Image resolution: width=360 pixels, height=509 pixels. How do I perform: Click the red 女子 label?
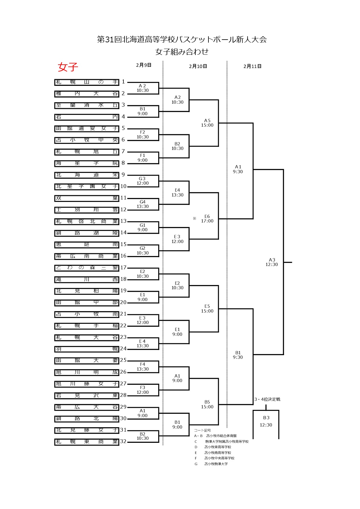pos(68,67)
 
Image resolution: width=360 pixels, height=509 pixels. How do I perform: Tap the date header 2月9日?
pos(144,65)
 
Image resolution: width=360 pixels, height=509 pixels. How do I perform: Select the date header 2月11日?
pos(252,66)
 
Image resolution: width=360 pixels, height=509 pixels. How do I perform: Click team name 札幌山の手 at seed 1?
pos(87,82)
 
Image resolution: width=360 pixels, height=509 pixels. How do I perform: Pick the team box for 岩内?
pos(87,117)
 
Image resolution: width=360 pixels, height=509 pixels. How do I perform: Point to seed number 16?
pos(123,256)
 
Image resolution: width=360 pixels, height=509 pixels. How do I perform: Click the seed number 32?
pos(123,442)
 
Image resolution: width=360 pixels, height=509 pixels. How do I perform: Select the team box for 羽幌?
pos(87,349)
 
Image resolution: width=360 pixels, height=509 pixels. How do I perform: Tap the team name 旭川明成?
pos(87,372)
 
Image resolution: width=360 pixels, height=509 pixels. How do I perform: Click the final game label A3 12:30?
pos(272,262)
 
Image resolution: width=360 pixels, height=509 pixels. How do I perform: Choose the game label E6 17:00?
pos(207,219)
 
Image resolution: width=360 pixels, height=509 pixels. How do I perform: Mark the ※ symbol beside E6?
pos(195,218)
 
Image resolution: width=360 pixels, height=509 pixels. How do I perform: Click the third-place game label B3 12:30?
pos(266,421)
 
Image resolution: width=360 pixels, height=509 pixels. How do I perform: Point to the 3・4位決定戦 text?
pos(267,399)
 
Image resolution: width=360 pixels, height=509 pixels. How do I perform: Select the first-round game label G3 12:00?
pos(142,181)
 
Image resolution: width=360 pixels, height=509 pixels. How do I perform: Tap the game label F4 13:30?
pos(142,367)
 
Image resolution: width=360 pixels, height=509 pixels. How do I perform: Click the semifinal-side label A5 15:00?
pos(207,123)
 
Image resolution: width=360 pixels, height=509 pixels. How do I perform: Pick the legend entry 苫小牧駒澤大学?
pos(216,464)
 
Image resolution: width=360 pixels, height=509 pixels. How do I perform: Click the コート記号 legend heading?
pos(202,430)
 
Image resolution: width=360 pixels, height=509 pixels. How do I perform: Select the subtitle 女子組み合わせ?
pos(182,52)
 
